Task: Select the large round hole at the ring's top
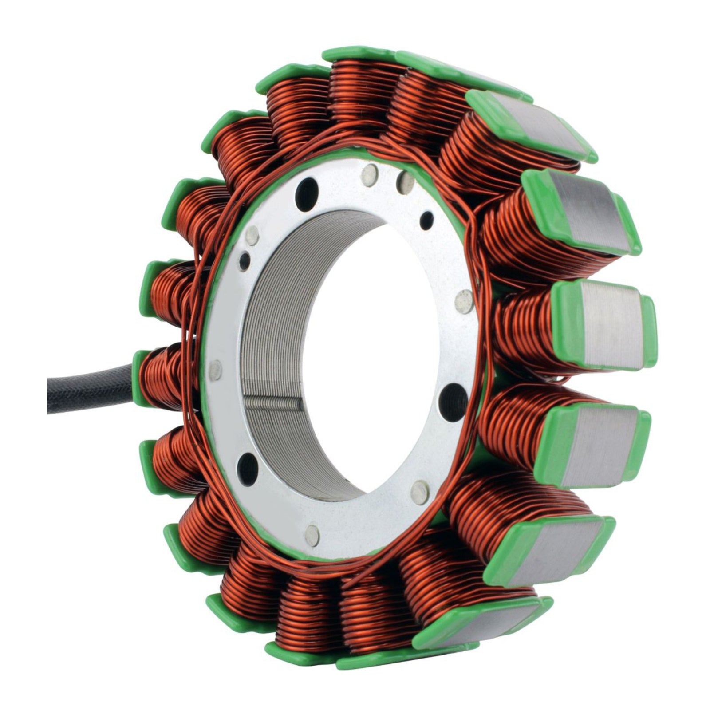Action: tap(310, 188)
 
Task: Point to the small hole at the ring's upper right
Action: tap(427, 218)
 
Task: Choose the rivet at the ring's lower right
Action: tap(418, 488)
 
